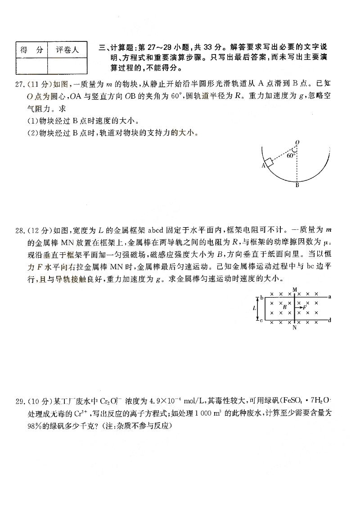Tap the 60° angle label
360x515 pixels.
(x=291, y=156)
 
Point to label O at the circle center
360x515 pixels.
(x=297, y=143)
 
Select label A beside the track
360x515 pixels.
(x=262, y=166)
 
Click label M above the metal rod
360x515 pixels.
(x=295, y=290)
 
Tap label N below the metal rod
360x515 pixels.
(x=295, y=328)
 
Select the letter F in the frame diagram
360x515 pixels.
(x=305, y=307)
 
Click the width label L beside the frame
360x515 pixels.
(x=255, y=309)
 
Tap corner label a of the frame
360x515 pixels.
(x=330, y=296)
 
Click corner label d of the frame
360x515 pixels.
(x=330, y=320)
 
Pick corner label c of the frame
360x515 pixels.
(x=261, y=320)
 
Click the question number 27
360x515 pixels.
(x=19, y=84)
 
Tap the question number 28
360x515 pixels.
(x=19, y=231)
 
